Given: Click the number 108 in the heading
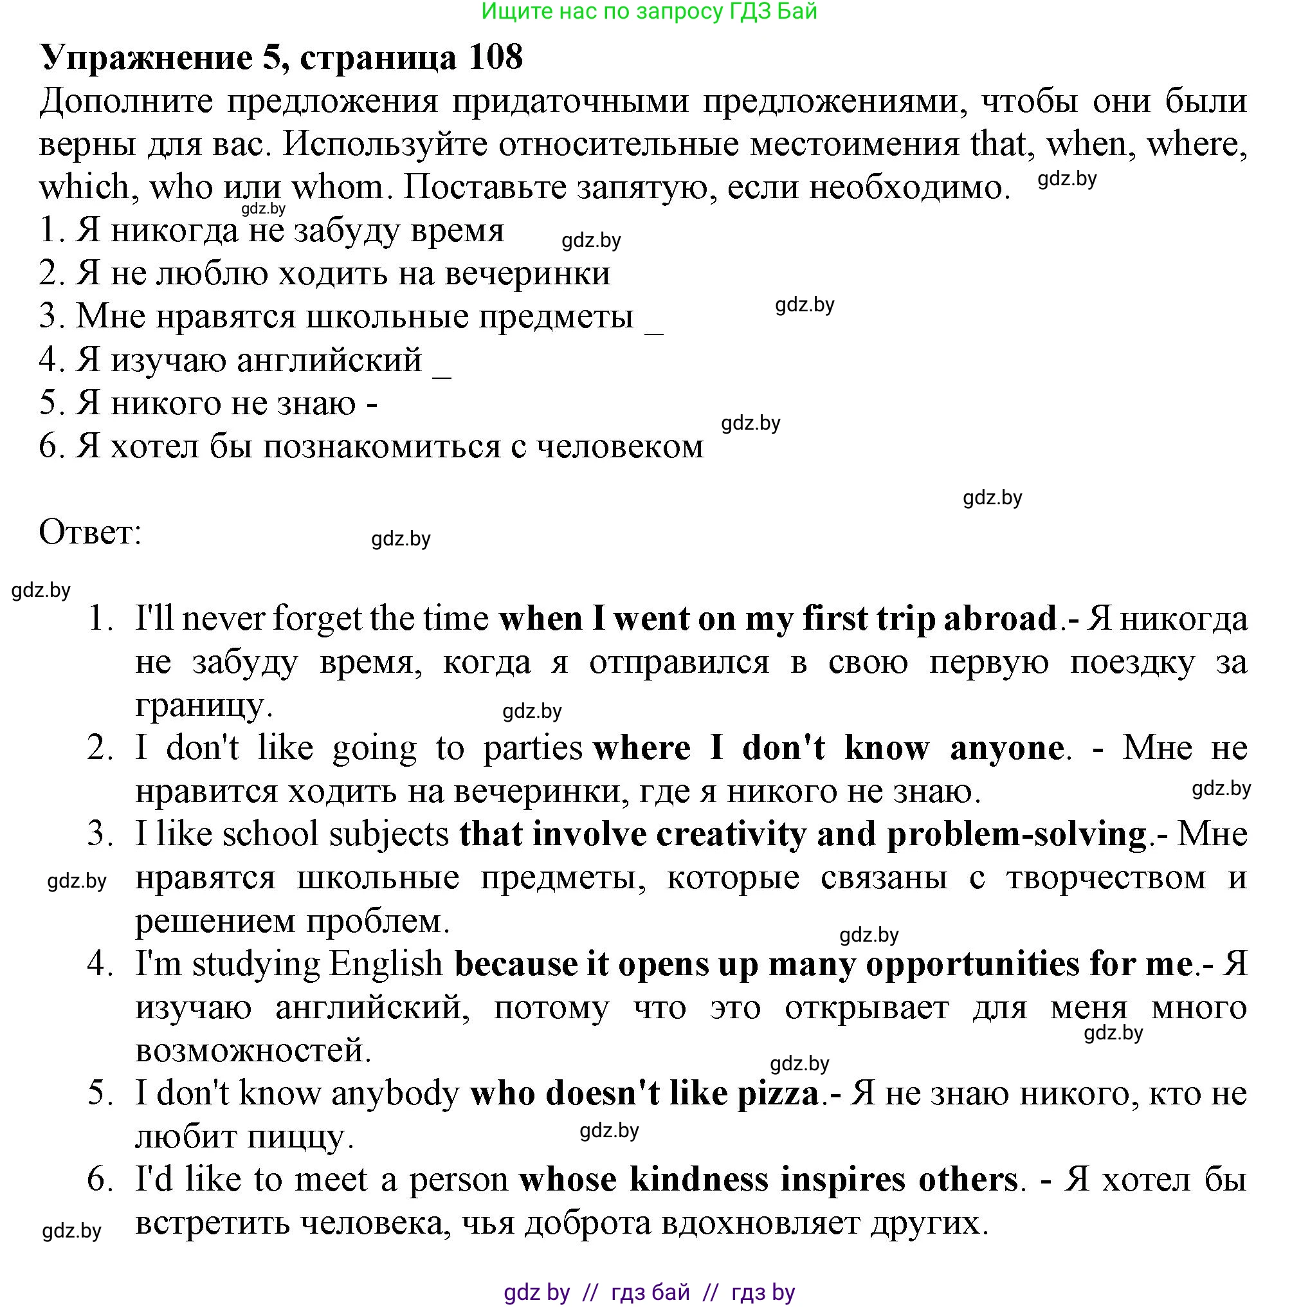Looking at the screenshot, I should pos(495,57).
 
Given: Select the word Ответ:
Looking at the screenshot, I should pos(90,533).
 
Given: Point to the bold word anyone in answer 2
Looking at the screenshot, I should pos(1006,748).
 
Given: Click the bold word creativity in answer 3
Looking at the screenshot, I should pos(731,834).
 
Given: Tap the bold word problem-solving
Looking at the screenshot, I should pos(1016,835).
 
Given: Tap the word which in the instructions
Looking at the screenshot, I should pos(84,187).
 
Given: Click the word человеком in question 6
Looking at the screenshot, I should pos(620,446).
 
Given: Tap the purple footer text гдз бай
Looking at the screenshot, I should pos(650,1292).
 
